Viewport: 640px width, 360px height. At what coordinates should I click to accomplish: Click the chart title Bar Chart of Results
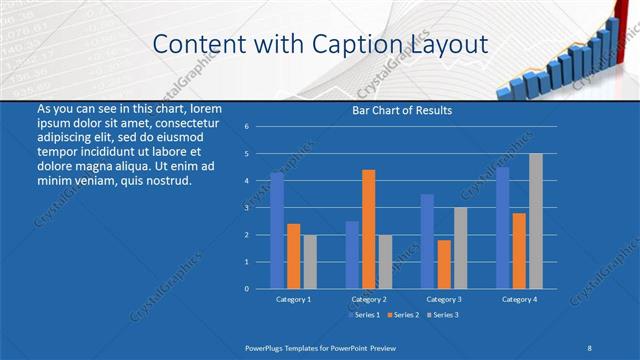(401, 110)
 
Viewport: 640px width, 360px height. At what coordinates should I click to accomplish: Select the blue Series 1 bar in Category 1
(277, 230)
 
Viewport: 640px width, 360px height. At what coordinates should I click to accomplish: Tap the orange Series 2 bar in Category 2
(368, 229)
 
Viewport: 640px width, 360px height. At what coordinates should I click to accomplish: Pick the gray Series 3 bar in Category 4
(535, 221)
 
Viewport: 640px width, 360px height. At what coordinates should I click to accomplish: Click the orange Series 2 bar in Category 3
(443, 264)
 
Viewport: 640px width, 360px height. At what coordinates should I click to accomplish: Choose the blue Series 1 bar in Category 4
(502, 227)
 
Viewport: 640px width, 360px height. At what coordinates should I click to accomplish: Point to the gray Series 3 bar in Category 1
(310, 261)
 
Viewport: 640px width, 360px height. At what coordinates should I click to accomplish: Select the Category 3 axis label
(443, 299)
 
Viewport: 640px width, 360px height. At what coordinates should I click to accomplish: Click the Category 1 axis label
(293, 299)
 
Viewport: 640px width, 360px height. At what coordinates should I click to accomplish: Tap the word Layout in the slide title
(447, 44)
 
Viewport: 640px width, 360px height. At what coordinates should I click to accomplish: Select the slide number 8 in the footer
(589, 345)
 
